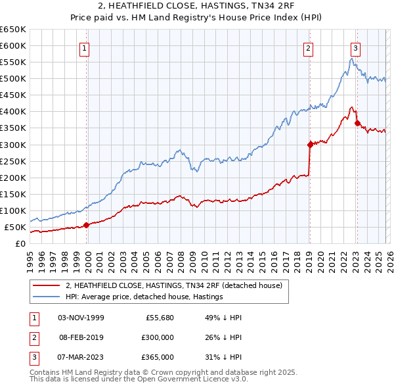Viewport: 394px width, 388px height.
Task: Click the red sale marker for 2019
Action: [309, 144]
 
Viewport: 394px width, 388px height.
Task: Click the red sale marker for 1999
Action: [86, 225]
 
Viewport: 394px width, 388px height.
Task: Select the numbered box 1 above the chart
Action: [86, 47]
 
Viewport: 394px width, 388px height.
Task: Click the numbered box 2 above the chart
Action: [308, 47]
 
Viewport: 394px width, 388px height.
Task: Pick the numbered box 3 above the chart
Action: [355, 47]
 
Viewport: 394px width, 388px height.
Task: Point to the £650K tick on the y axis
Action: [12, 30]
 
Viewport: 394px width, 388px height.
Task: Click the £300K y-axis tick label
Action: [12, 145]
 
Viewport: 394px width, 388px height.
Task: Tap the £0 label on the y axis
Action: [20, 244]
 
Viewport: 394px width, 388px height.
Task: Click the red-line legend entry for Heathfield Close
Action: [174, 285]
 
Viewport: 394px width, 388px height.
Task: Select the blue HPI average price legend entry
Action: [144, 297]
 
